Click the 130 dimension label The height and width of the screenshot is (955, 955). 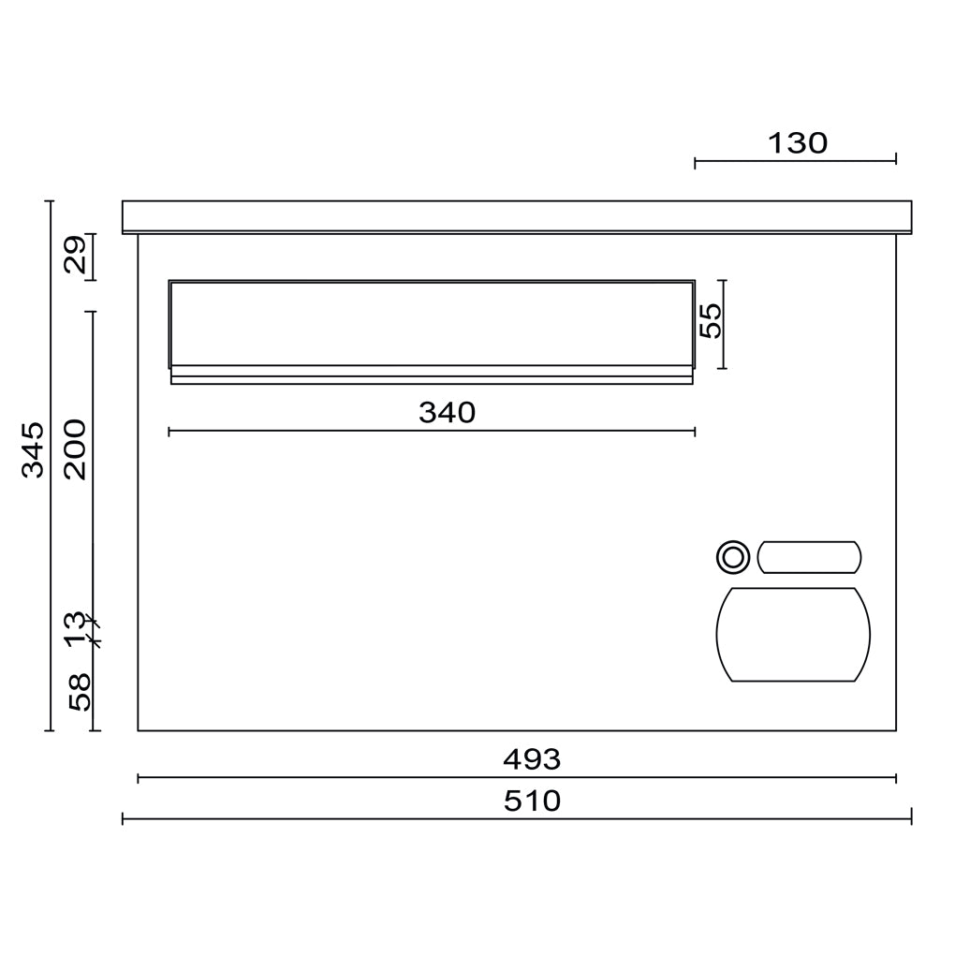pos(798,143)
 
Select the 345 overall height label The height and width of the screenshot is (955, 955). pos(34,448)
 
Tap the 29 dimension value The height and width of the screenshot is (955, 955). pos(76,256)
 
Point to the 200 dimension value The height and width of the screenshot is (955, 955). pos(76,448)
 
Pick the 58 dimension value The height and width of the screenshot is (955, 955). pos(80,692)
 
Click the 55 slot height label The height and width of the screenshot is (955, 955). pos(710,320)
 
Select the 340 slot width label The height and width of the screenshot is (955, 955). pos(447,413)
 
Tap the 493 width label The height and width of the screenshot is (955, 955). pos(532,759)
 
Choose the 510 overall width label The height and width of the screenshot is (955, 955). pos(532,801)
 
